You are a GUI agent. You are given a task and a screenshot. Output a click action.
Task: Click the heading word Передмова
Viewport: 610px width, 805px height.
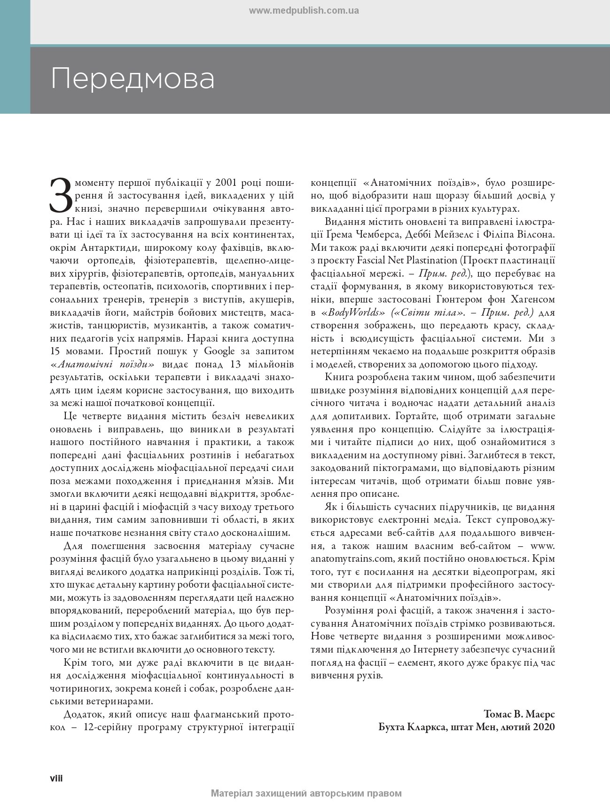coord(133,79)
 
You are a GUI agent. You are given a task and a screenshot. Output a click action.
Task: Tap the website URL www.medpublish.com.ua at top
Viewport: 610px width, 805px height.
coord(304,10)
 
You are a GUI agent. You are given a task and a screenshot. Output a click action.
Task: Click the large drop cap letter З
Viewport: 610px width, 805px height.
coord(60,194)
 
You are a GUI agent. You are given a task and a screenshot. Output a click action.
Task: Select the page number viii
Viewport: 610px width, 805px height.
coord(56,778)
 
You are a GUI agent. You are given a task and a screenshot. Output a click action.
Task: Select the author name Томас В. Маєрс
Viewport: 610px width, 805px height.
coord(519,713)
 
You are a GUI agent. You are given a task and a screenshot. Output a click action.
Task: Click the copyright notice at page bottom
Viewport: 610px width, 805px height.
coord(306,794)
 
